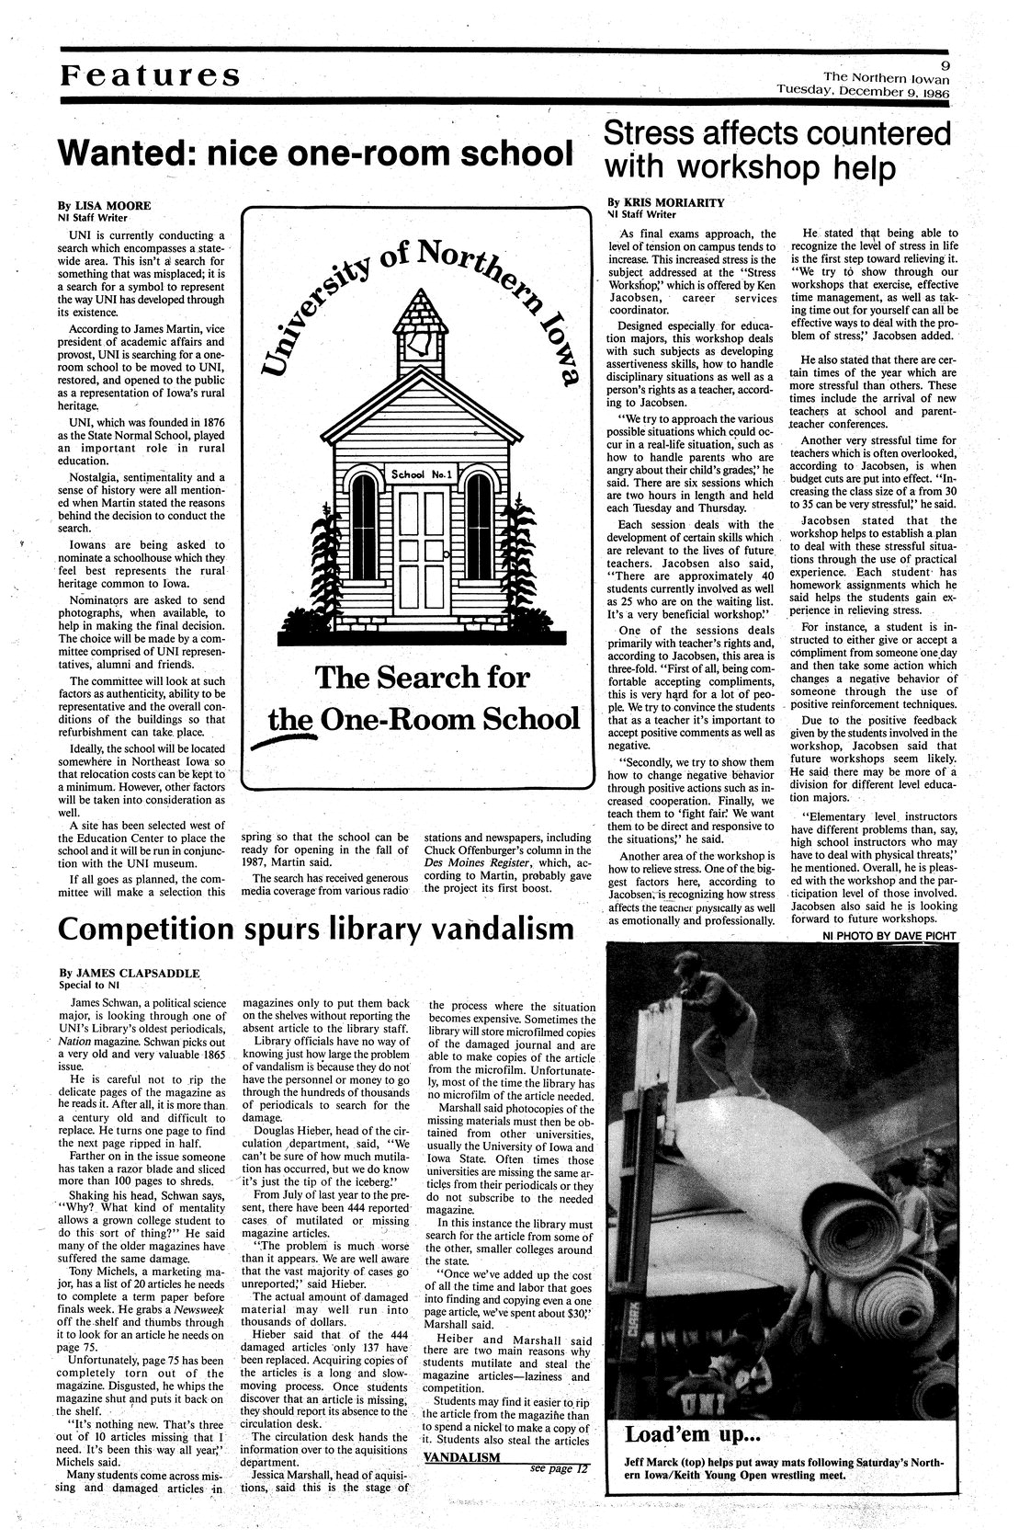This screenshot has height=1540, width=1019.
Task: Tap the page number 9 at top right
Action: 943,63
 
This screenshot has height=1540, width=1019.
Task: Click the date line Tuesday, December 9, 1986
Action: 862,91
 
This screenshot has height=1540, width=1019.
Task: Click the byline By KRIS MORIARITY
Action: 666,200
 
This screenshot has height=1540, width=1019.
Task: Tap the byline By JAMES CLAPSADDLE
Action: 129,973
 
